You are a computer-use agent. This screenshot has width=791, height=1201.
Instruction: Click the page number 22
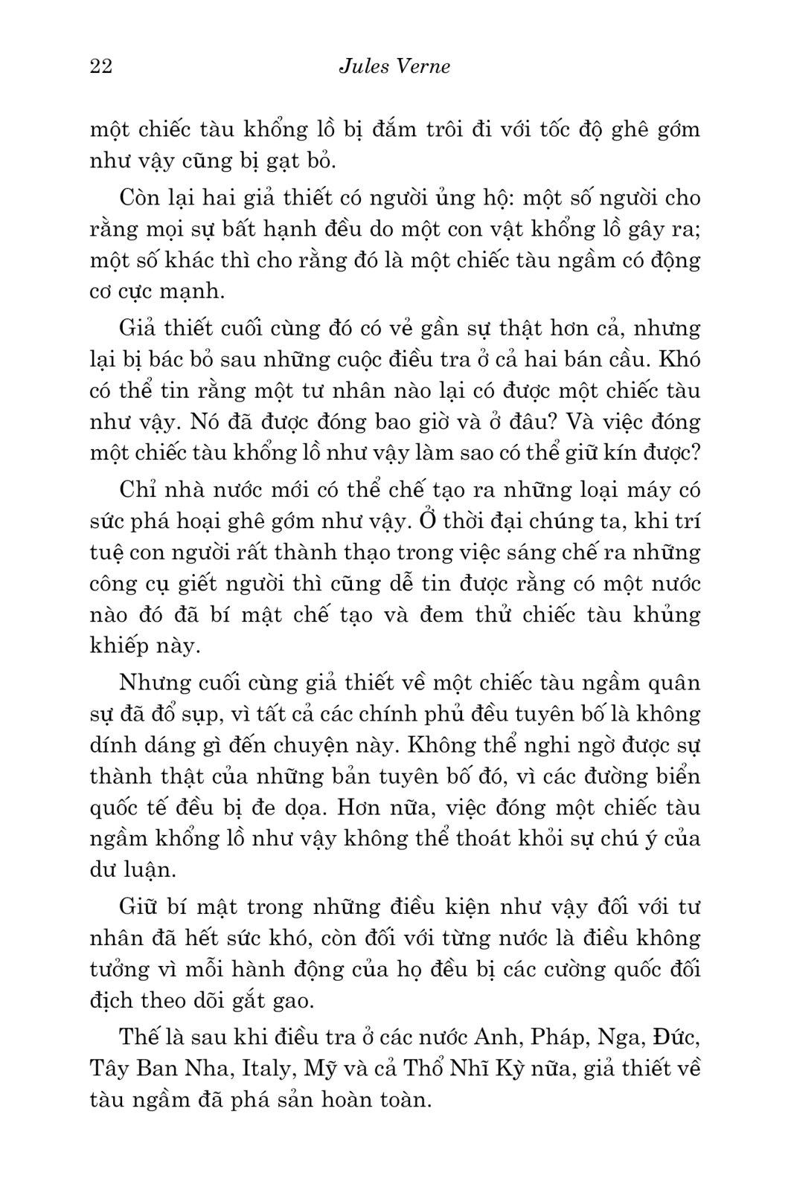(x=100, y=67)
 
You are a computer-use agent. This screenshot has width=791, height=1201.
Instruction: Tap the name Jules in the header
(x=362, y=67)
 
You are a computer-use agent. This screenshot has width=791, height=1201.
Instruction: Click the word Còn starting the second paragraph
(x=138, y=199)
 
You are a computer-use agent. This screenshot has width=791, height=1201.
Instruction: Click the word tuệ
(x=105, y=553)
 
